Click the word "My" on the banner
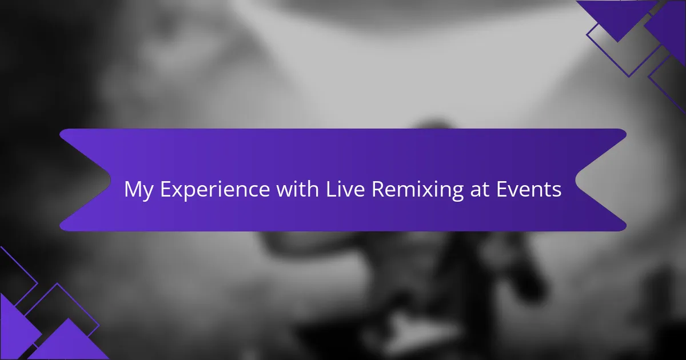click(x=139, y=190)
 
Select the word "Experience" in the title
click(x=215, y=190)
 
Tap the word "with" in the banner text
click(x=298, y=189)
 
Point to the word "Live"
click(x=345, y=189)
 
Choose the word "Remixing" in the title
click(x=417, y=190)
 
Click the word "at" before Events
click(x=480, y=190)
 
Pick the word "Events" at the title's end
click(x=529, y=189)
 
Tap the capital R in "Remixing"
click(x=378, y=189)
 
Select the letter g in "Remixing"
click(x=457, y=193)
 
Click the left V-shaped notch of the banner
click(x=110, y=180)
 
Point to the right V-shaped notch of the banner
click(x=576, y=180)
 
